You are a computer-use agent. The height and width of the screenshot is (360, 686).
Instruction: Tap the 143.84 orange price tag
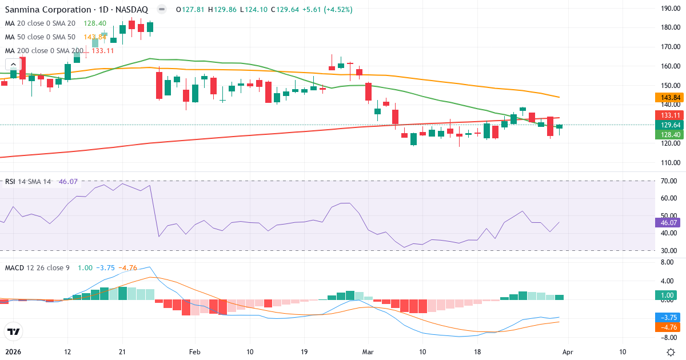click(667, 98)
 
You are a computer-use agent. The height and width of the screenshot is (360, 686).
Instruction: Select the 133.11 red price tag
click(667, 115)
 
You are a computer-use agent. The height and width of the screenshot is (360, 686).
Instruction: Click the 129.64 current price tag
click(667, 125)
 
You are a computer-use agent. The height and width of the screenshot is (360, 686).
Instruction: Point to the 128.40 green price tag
click(667, 134)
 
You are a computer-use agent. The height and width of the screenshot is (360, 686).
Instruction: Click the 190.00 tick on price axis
click(669, 8)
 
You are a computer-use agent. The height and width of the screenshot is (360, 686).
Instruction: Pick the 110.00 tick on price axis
click(669, 162)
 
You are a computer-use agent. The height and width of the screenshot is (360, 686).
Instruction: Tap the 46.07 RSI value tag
click(667, 223)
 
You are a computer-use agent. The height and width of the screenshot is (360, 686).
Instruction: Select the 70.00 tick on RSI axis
click(668, 181)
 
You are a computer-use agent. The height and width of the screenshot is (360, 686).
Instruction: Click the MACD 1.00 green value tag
click(667, 295)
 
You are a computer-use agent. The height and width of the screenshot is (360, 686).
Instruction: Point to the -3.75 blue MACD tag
click(667, 317)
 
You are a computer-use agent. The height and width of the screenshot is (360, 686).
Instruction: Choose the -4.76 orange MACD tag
click(667, 327)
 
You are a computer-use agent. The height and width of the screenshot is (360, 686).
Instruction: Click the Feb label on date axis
click(195, 352)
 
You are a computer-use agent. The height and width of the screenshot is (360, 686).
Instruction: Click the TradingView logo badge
click(14, 331)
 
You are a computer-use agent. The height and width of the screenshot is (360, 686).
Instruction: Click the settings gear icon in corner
click(670, 352)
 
